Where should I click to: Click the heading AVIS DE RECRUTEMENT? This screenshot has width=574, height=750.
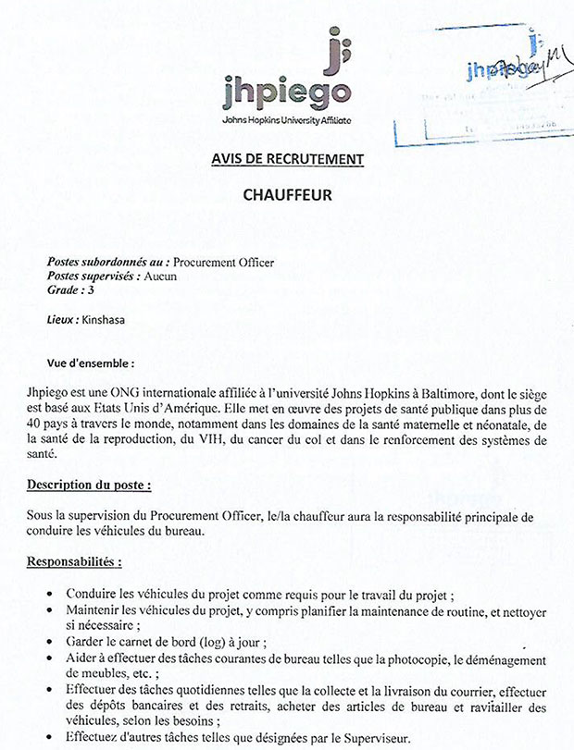point(287,160)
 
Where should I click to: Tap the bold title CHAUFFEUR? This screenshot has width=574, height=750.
point(286,195)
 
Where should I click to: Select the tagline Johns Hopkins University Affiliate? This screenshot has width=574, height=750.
point(287,121)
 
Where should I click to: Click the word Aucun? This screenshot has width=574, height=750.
point(160,277)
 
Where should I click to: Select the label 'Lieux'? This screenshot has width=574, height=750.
point(62,321)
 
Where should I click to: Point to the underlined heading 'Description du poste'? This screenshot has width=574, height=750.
point(89,484)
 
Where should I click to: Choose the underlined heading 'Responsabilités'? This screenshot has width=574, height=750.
point(73,561)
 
